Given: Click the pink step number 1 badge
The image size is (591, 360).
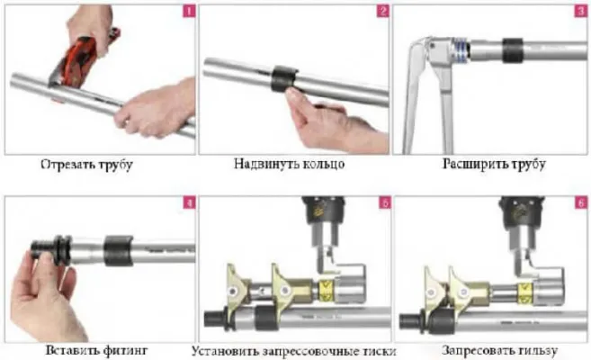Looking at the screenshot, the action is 189,12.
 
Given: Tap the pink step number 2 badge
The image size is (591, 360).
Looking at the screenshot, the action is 382,12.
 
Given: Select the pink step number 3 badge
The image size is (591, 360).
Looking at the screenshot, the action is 581,12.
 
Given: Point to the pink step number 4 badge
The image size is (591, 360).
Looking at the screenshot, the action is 189,202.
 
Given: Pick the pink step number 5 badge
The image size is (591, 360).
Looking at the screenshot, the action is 384,202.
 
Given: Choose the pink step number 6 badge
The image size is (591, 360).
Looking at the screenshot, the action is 581,202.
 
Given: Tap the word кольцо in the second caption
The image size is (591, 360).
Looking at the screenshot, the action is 324,165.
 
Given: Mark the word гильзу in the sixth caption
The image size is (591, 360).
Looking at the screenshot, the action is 538,351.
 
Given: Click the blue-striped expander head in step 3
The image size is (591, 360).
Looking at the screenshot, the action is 460,49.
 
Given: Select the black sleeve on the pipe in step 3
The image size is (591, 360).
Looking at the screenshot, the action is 513,50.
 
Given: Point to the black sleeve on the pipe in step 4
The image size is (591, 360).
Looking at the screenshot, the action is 119,251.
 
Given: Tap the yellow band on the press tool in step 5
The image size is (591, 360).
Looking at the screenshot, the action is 326,292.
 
